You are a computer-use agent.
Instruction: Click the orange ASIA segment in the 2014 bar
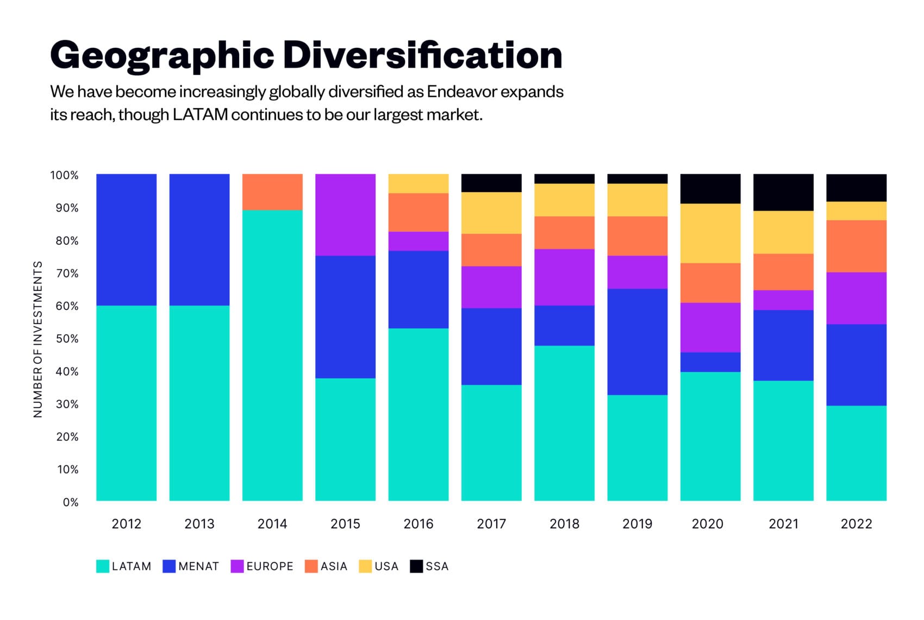coord(272,192)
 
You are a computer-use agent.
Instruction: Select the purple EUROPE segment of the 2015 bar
coord(345,215)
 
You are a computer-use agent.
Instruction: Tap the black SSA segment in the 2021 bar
coord(783,192)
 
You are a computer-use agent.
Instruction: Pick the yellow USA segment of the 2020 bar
coord(710,233)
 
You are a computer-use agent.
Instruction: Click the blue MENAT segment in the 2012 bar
coord(126,239)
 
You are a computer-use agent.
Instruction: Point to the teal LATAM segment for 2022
coord(856,452)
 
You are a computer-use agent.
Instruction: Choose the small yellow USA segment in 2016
coord(419,183)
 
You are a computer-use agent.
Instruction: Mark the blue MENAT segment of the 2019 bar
coord(637,342)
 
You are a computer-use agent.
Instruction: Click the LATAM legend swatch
coord(103,566)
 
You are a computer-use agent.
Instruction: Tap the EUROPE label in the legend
coord(270,566)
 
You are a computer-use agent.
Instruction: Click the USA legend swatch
coord(365,566)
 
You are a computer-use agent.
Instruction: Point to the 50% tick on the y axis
coord(67,339)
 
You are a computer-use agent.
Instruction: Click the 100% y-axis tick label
coord(65,175)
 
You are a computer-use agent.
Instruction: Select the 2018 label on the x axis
coord(564,524)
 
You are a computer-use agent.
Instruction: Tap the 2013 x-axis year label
coord(199,524)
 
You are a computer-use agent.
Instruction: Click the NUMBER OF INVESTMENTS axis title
coord(38,339)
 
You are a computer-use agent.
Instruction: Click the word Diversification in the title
coord(422,55)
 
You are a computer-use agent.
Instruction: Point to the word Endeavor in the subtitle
coord(461,91)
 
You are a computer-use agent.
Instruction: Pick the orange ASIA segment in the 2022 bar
coord(856,246)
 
